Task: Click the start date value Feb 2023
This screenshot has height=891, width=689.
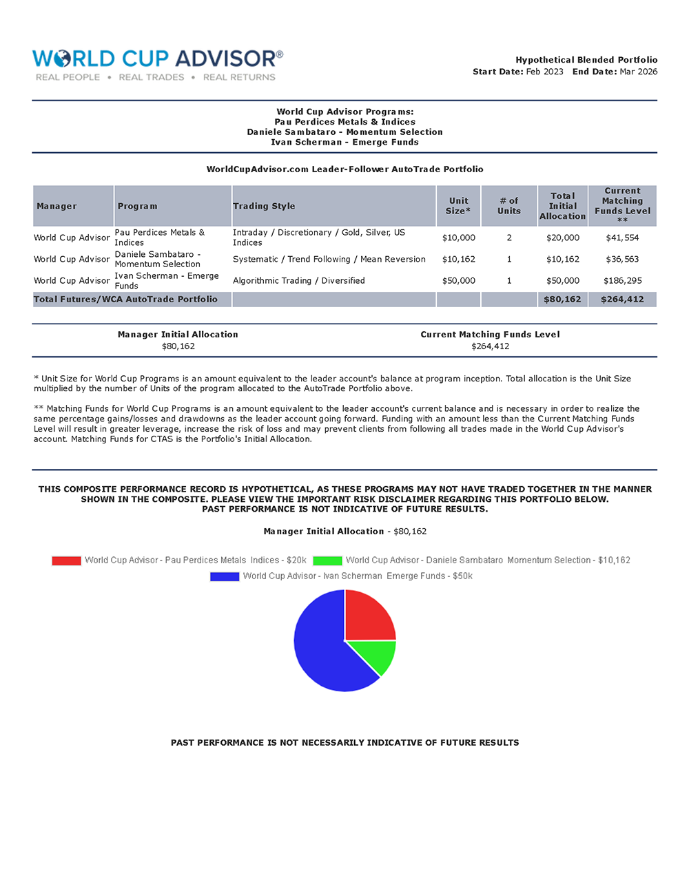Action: [x=544, y=72]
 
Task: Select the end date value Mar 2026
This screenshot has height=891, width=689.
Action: [x=638, y=72]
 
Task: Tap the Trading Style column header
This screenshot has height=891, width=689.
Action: [x=264, y=206]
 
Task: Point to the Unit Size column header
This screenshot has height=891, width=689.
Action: [x=458, y=206]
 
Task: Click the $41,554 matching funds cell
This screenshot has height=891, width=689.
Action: [x=622, y=238]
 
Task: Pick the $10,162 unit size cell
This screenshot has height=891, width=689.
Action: [x=458, y=259]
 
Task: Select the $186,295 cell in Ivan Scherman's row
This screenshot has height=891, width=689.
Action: [x=622, y=280]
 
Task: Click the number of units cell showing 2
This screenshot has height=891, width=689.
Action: [x=509, y=238]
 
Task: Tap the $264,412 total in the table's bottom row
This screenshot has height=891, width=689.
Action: [x=622, y=300]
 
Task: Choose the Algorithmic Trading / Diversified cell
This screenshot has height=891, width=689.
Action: [x=299, y=280]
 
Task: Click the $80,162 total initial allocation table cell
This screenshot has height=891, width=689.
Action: [x=562, y=300]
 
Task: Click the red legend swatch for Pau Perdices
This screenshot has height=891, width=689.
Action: [x=66, y=560]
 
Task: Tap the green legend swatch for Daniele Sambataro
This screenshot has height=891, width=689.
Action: [x=327, y=560]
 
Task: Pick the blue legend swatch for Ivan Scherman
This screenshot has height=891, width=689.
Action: [x=225, y=576]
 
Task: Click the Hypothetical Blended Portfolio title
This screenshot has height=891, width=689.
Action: [x=586, y=60]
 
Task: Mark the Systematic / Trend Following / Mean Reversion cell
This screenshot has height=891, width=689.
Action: [x=329, y=259]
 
